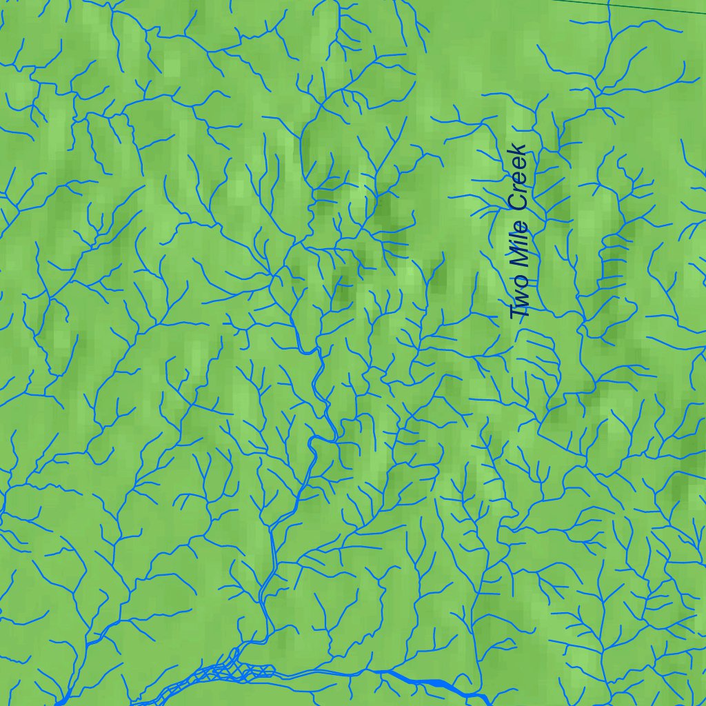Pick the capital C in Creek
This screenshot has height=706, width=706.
coord(518,203)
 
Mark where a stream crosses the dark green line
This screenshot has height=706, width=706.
coord(609,3)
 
